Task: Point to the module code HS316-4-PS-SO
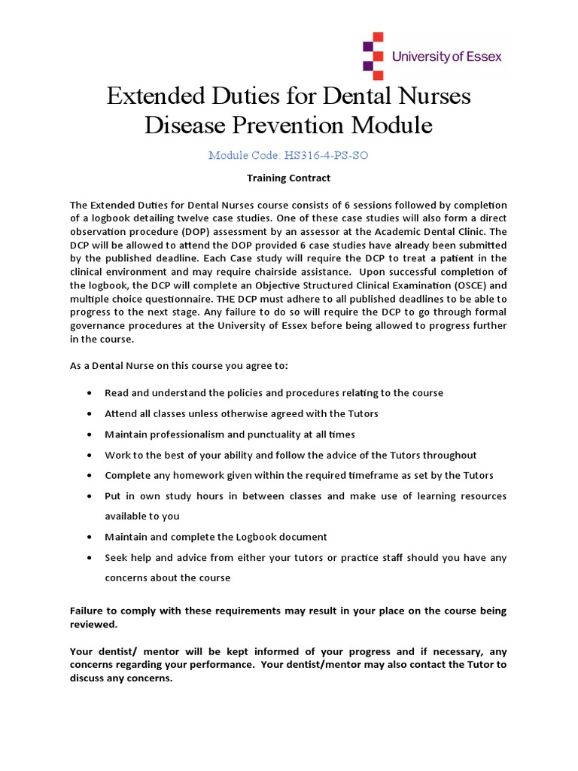pyautogui.click(x=326, y=156)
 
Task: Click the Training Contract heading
pyautogui.click(x=289, y=178)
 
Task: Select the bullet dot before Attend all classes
pyautogui.click(x=90, y=414)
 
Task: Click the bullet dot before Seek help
pyautogui.click(x=90, y=558)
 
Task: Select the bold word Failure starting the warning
pyautogui.click(x=89, y=611)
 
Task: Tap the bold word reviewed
pyautogui.click(x=94, y=624)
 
